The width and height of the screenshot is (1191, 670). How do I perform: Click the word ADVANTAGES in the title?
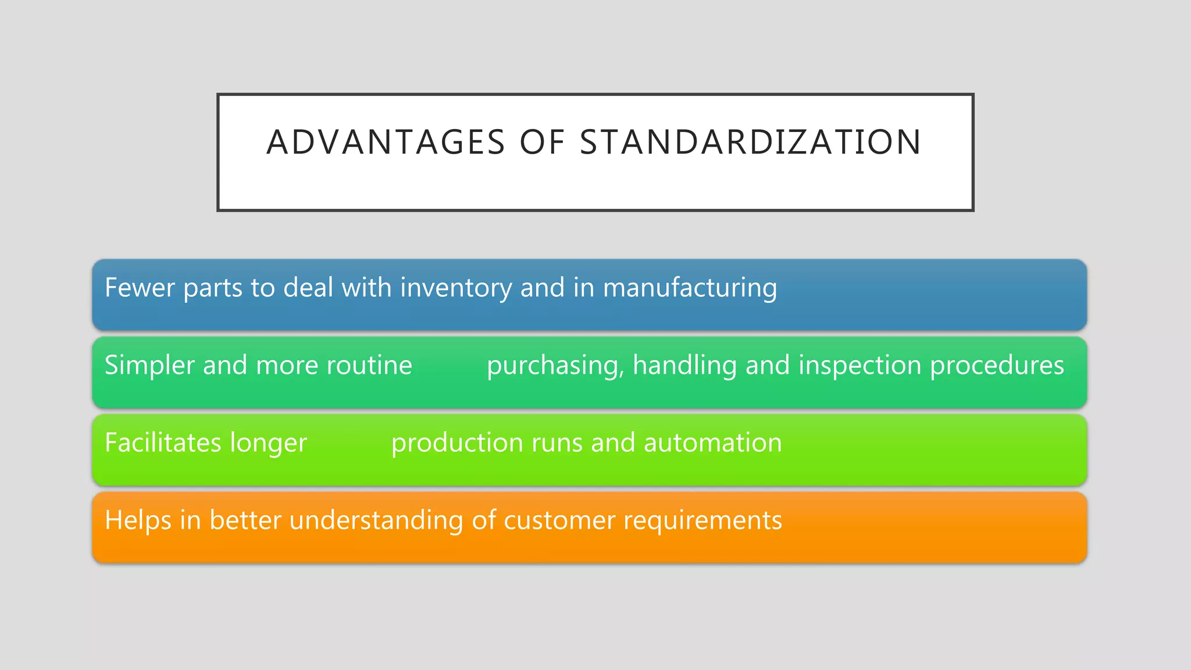[386, 142]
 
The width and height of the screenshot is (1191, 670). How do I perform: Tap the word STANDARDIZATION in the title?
[751, 142]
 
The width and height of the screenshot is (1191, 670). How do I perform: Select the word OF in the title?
[542, 142]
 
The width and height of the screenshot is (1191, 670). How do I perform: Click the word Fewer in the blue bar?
[139, 287]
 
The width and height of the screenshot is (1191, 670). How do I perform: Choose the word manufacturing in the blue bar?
[690, 287]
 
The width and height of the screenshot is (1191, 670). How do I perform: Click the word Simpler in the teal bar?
[149, 365]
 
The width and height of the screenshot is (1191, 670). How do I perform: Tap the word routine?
[369, 365]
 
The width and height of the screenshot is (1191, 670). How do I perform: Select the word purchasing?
[555, 365]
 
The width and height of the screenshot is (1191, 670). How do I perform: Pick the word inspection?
[860, 365]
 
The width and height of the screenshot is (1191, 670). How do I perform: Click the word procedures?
[997, 365]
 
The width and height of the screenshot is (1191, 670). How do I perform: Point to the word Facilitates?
[163, 443]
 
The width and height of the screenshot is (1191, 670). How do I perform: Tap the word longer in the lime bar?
[268, 443]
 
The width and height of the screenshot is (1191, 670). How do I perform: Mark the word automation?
[712, 443]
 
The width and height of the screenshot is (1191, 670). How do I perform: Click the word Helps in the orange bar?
[138, 520]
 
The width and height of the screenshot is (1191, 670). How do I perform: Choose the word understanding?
[376, 520]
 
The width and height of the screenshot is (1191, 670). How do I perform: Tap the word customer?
[559, 520]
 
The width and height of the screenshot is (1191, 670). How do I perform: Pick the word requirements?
[703, 520]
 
